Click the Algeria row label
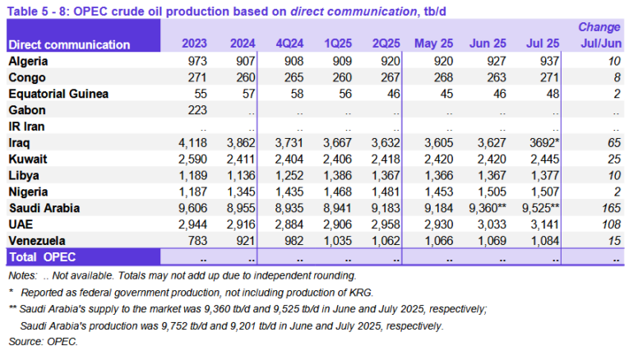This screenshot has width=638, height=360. pyautogui.click(x=30, y=62)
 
